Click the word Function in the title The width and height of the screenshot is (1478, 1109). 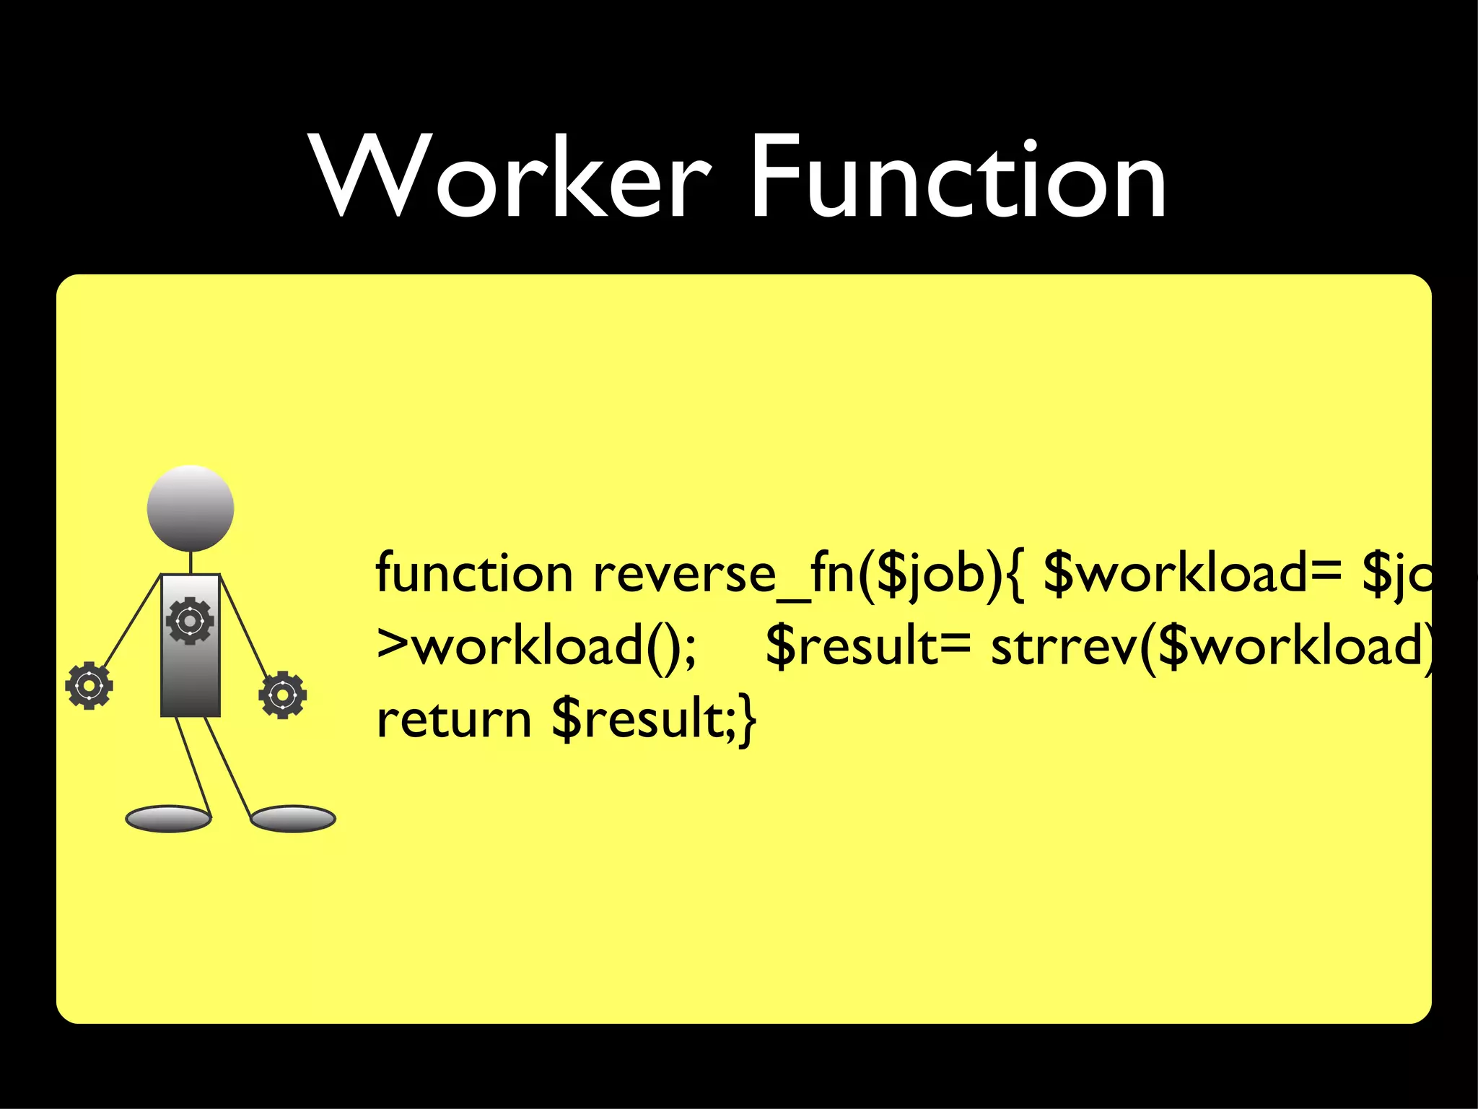click(958, 177)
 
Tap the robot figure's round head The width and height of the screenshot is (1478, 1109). click(191, 508)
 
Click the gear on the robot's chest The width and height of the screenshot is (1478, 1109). click(190, 620)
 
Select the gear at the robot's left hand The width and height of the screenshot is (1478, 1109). click(89, 685)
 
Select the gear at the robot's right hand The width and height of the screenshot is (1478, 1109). click(282, 695)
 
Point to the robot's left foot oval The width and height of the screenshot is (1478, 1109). click(168, 819)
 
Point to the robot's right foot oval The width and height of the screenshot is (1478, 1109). click(293, 819)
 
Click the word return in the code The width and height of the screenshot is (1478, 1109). click(454, 720)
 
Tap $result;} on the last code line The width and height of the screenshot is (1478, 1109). click(654, 720)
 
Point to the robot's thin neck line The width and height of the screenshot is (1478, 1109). click(191, 563)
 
